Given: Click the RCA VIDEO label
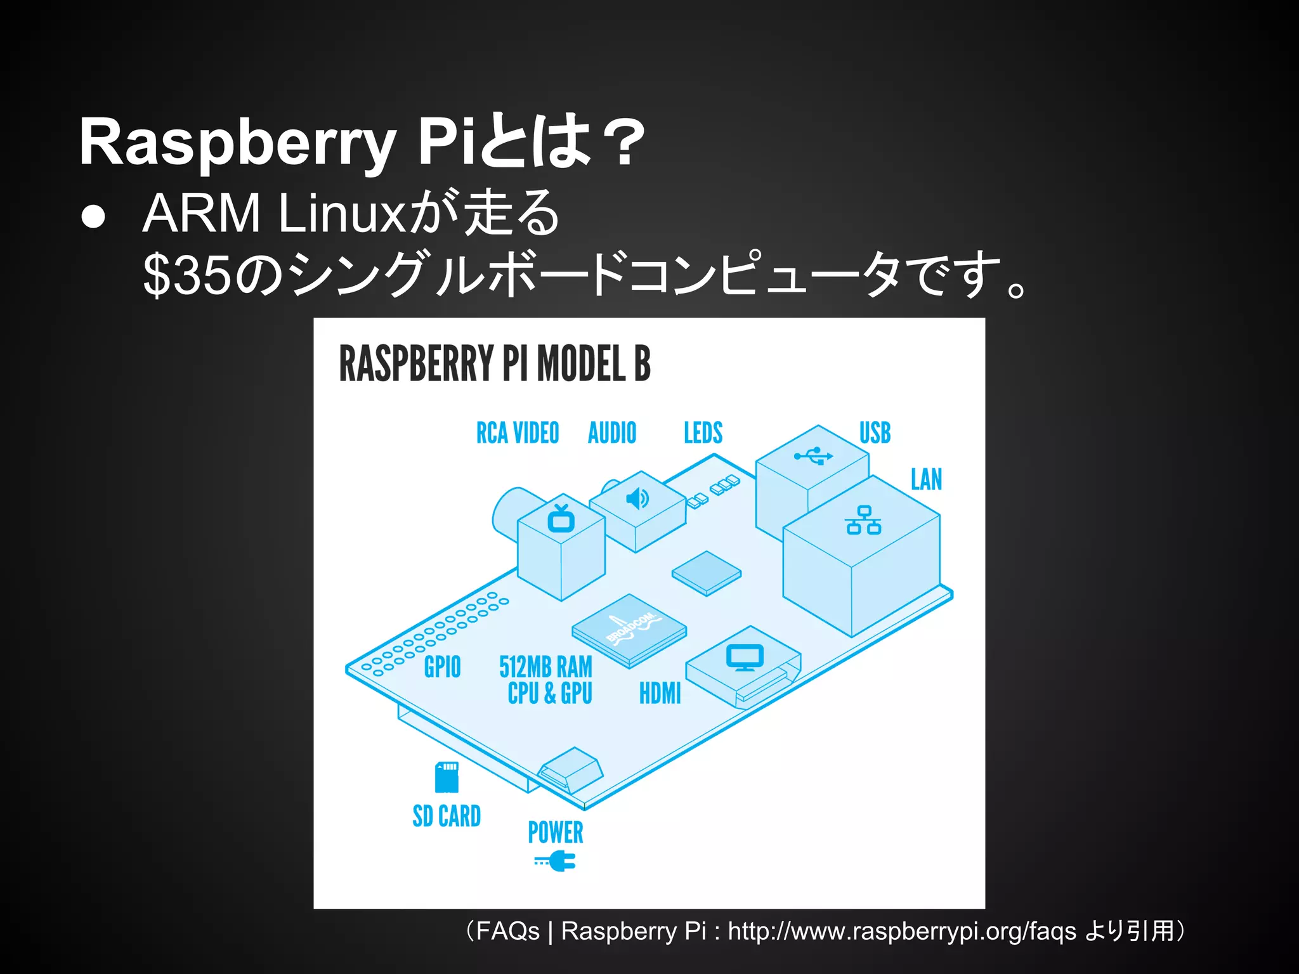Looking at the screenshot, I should click(518, 433).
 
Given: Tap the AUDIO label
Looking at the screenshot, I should click(611, 433).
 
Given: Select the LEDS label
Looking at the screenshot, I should click(703, 433).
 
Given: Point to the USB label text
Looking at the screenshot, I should click(875, 433).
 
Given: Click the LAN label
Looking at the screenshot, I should click(926, 479).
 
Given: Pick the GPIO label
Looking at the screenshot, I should click(442, 667).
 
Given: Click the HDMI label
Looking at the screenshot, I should click(660, 693).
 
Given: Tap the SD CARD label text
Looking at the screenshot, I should click(447, 816).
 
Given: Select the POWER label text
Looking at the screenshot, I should click(555, 833).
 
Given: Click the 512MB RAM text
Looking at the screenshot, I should click(545, 667).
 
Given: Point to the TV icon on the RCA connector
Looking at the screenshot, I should click(561, 519).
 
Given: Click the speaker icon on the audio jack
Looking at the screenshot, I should click(637, 499).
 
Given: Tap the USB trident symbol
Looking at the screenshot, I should click(813, 455).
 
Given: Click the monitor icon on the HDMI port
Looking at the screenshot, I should click(745, 658).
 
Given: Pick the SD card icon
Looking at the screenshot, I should click(447, 777).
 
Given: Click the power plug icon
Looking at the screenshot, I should click(556, 861).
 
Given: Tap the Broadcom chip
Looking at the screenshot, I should click(629, 630).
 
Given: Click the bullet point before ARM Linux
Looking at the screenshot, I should click(93, 216).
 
